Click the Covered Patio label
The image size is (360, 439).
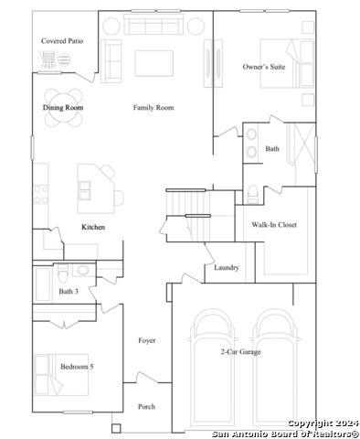[62, 41]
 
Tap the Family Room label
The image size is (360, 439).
[154, 107]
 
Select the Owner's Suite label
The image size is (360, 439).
[264, 67]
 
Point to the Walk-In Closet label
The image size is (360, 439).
[274, 225]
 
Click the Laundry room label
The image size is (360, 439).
[227, 268]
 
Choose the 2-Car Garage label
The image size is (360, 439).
[240, 352]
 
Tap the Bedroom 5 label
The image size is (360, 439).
[77, 367]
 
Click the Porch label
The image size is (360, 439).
[146, 406]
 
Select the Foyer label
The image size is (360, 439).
[147, 340]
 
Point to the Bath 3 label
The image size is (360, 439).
[69, 291]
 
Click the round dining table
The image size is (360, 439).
[63, 108]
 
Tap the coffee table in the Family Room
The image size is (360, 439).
[154, 63]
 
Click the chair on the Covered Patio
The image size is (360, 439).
[48, 59]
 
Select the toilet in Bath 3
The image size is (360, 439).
[63, 273]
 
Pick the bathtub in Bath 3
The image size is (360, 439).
[43, 284]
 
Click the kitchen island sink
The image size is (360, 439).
[84, 190]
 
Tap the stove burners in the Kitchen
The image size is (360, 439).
[40, 195]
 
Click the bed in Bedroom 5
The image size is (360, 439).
[61, 375]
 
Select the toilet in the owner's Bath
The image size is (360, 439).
[252, 195]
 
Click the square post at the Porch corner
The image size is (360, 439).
[116, 428]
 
